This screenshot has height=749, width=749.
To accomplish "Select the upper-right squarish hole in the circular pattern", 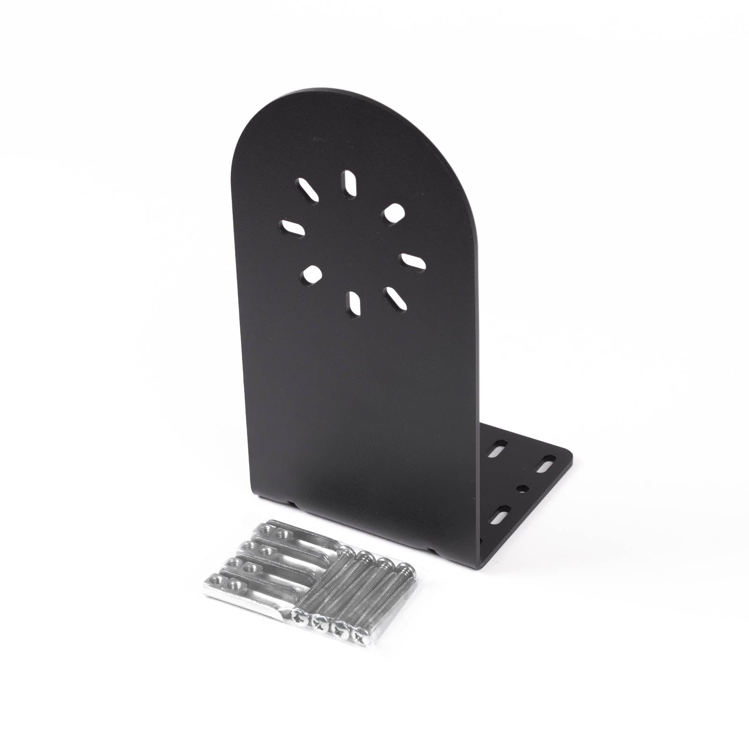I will [x=392, y=212].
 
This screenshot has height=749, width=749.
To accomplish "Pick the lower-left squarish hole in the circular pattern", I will [x=311, y=274].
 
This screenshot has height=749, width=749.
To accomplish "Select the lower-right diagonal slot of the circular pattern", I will [x=397, y=299].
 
